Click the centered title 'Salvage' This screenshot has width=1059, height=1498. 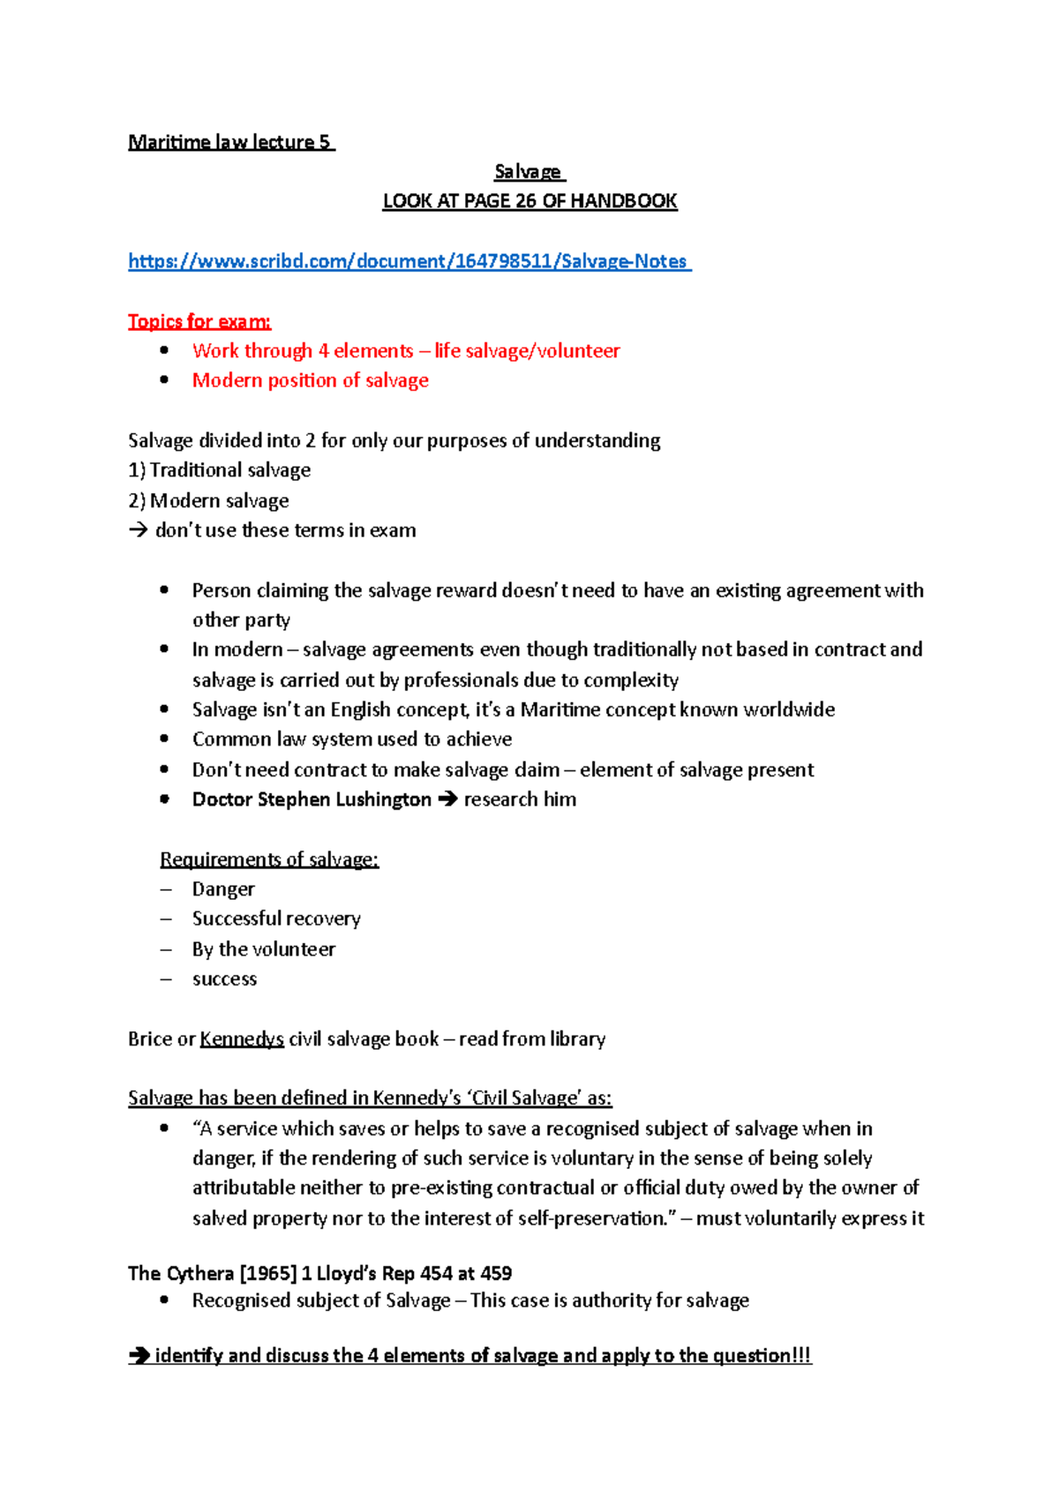[528, 171]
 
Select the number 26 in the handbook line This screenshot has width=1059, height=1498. [526, 201]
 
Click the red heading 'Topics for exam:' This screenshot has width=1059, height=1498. [199, 321]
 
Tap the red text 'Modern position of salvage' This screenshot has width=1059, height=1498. [310, 380]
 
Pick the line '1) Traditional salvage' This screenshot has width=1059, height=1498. [220, 470]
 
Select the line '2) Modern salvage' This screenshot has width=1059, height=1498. [209, 501]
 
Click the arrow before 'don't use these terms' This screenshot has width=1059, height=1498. [138, 531]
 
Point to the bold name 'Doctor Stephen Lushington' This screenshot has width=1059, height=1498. [312, 799]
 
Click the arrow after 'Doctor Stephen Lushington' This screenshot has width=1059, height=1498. [447, 799]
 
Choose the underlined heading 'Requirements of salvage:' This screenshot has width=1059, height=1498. [269, 859]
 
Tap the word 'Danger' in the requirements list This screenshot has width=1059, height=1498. [223, 889]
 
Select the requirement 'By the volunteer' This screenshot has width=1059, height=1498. [264, 949]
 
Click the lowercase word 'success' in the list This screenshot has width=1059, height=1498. [224, 979]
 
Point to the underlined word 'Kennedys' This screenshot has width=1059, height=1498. [242, 1039]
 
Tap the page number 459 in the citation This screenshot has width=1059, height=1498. [496, 1273]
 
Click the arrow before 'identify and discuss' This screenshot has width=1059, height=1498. [139, 1356]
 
